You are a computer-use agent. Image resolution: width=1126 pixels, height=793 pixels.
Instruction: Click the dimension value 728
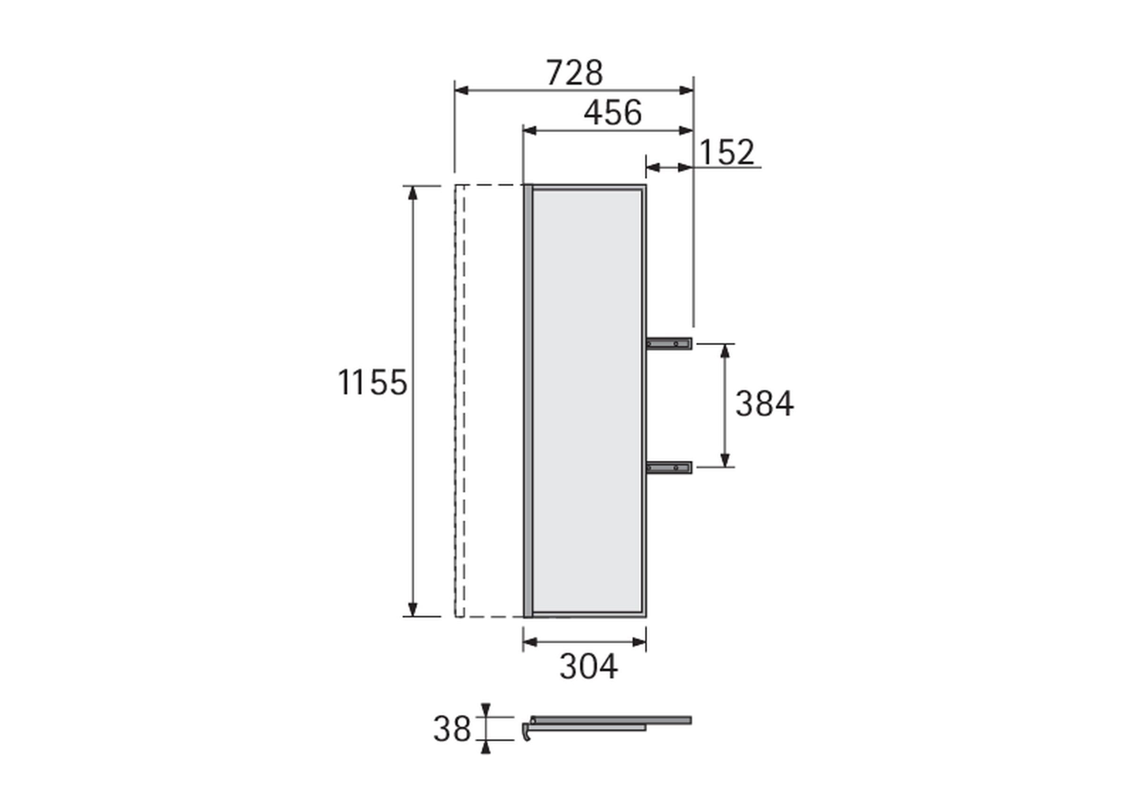point(574,73)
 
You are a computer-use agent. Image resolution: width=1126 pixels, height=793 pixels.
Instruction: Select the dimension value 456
point(613,112)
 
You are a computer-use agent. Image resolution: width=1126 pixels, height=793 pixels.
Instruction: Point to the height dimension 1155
point(373,382)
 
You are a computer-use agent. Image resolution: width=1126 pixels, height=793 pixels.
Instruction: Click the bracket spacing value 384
point(764,404)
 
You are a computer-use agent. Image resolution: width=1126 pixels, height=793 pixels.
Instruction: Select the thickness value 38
point(452,729)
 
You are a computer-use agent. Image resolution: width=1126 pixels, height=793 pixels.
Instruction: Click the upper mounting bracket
point(669,344)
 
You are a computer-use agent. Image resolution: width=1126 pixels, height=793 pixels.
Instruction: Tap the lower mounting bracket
point(669,468)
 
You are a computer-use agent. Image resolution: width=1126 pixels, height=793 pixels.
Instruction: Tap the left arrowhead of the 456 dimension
point(530,130)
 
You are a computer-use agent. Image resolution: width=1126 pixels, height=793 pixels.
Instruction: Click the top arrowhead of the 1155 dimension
point(412,193)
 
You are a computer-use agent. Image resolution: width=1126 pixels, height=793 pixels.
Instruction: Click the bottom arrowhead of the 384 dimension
point(725,460)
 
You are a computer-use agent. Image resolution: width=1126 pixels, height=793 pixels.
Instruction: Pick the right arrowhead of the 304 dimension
point(639,642)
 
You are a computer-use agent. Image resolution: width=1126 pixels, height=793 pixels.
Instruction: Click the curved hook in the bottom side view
point(527,732)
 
